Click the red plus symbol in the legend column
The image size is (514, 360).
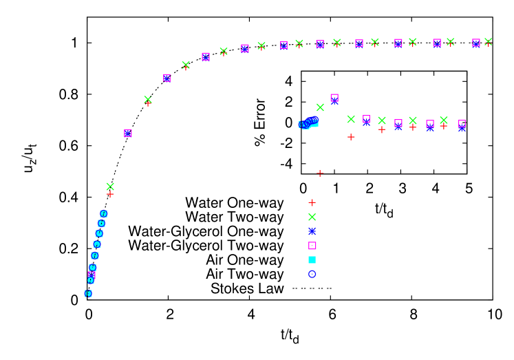click(312, 202)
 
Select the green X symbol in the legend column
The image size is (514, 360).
click(312, 217)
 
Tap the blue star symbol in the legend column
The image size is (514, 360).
click(312, 231)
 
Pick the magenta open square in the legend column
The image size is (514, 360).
click(312, 246)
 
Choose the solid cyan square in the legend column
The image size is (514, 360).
click(312, 260)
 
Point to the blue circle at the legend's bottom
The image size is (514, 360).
click(312, 274)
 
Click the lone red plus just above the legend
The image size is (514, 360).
click(320, 173)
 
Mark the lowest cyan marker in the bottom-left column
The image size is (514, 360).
click(88, 293)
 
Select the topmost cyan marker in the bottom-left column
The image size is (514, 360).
click(104, 213)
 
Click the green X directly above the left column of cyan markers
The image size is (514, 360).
click(110, 187)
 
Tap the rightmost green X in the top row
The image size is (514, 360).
click(488, 42)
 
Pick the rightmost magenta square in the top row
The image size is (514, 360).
click(476, 43)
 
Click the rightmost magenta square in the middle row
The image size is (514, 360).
click(462, 124)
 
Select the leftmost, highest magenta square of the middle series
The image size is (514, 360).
click(334, 98)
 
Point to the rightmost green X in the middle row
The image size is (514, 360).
click(444, 120)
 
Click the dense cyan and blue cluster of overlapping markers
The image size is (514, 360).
click(308, 123)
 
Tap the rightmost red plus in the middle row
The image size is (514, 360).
click(444, 126)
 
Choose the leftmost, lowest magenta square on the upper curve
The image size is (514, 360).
click(128, 133)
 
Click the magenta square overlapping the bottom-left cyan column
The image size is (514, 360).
click(92, 274)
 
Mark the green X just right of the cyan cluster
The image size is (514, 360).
click(320, 107)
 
